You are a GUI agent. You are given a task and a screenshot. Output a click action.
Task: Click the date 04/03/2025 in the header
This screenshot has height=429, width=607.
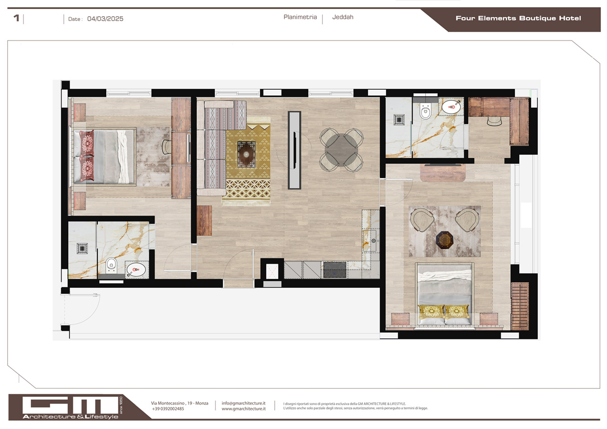tap(105, 19)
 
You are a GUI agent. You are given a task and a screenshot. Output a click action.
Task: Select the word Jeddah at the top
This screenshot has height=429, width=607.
tap(342, 17)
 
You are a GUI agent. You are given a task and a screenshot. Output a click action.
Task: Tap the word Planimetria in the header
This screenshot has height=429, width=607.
tap(300, 17)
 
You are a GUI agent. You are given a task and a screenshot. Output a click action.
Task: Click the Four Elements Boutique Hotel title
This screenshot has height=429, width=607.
tap(518, 19)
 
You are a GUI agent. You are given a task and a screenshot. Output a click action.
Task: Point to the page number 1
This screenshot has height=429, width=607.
tap(17, 19)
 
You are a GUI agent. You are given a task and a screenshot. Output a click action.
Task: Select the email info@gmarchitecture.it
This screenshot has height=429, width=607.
tap(243, 403)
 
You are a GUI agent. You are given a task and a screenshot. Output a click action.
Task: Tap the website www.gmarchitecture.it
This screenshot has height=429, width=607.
tap(243, 409)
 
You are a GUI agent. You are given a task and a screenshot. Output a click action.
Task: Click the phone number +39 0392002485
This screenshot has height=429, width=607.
tap(168, 409)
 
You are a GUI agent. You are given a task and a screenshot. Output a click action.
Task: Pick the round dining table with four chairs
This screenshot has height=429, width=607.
tap(341, 150)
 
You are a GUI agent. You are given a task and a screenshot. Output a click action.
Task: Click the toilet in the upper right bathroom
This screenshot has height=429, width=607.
tap(425, 112)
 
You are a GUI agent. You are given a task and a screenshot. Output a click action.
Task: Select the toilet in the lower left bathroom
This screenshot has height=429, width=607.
tap(111, 264)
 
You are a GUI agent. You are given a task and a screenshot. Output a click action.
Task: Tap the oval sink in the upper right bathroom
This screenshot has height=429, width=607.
tap(450, 107)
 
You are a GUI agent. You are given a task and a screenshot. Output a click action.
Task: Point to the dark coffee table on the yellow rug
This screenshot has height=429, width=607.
tap(247, 154)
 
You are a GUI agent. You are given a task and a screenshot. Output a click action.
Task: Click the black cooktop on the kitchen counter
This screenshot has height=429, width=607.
tap(334, 269)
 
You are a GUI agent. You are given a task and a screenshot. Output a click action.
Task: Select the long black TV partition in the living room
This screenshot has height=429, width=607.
tap(295, 150)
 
